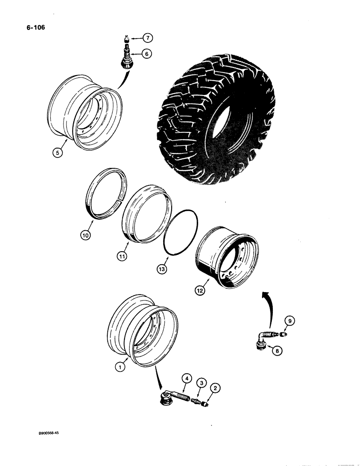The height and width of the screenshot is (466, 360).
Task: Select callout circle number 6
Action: (146, 54)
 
